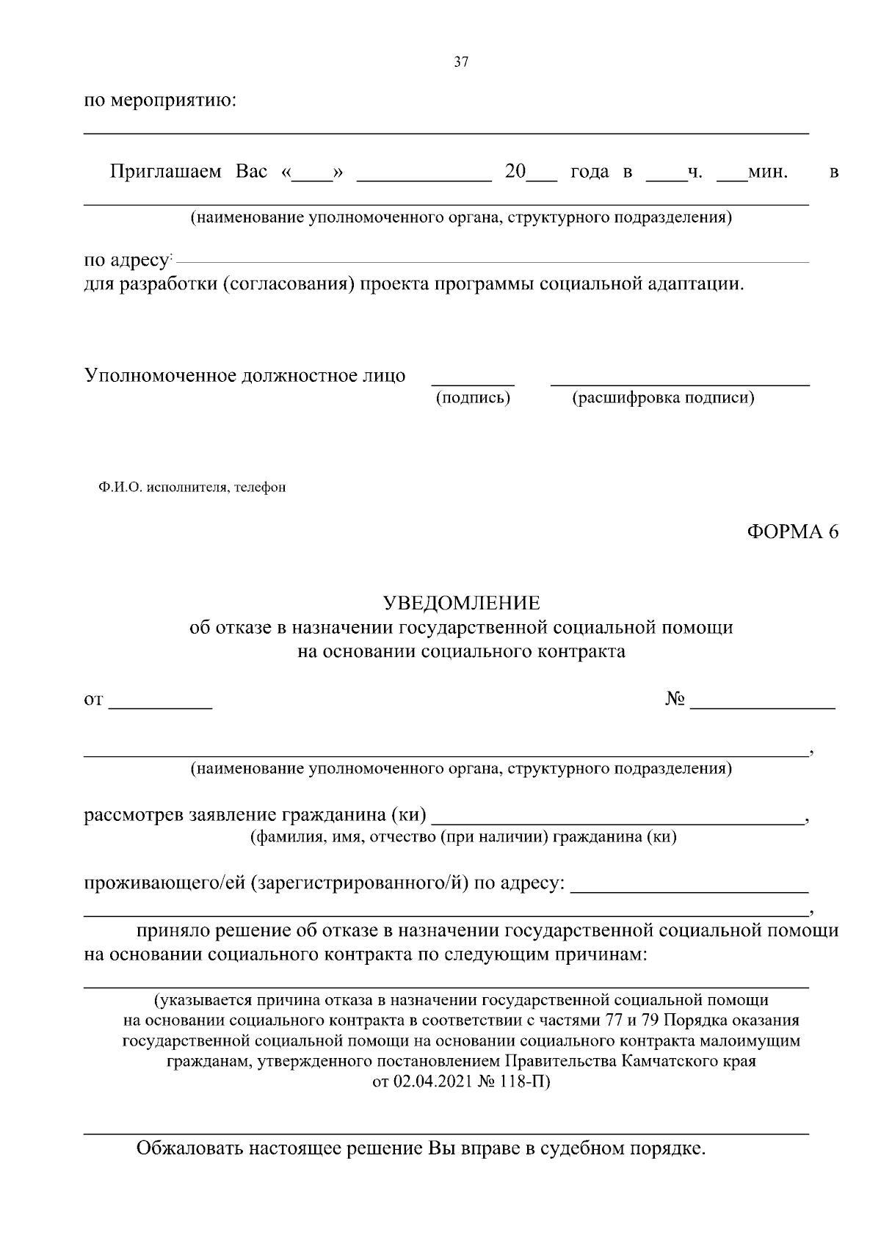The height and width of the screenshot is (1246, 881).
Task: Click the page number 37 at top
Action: [x=461, y=62]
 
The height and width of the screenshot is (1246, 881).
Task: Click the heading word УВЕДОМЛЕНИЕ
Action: [x=462, y=604]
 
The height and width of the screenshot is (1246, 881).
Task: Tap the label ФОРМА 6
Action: [x=792, y=532]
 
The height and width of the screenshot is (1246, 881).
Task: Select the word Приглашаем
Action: [x=165, y=173]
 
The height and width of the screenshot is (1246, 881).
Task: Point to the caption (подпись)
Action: [x=473, y=399]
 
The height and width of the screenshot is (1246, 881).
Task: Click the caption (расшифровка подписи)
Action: [x=663, y=399]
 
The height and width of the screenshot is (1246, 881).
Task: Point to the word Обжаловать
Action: [x=187, y=1148]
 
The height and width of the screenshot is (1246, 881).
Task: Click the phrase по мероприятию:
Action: [x=159, y=100]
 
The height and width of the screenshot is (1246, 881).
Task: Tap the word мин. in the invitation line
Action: [x=767, y=173]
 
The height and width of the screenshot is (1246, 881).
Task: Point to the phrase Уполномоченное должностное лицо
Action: [x=244, y=376]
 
